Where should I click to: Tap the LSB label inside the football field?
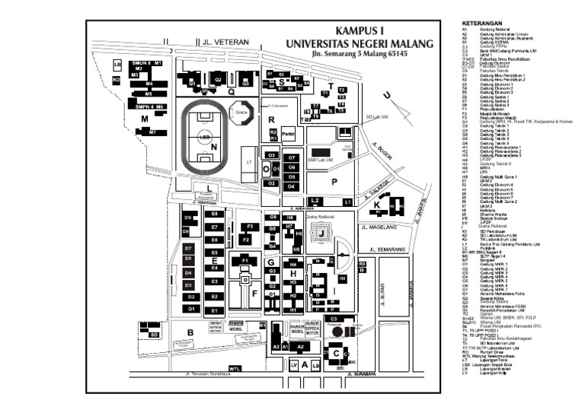tap(203, 137)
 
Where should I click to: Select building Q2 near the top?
tap(217, 78)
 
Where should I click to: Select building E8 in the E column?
tap(215, 214)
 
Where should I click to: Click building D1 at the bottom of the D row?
tap(192, 309)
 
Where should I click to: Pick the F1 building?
tap(245, 261)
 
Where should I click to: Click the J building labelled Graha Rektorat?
tap(321, 232)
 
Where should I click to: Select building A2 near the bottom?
tap(301, 346)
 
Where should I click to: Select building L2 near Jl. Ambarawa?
tap(315, 201)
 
